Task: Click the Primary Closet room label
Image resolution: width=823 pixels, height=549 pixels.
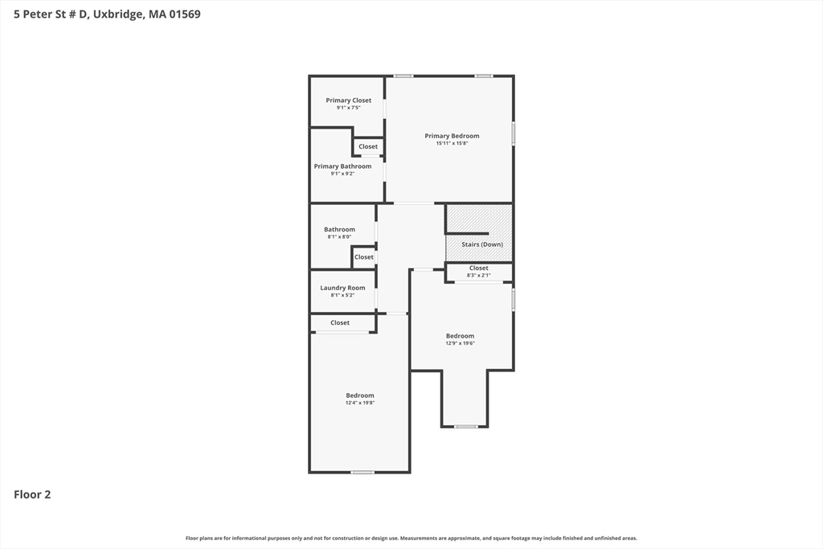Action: [x=349, y=100]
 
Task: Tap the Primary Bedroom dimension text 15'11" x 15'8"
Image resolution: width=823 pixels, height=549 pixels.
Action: [x=452, y=143]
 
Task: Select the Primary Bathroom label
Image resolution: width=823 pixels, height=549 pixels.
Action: [x=342, y=166]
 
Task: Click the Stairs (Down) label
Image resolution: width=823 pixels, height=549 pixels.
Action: [x=482, y=244]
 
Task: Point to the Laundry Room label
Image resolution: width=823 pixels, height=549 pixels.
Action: [x=342, y=288]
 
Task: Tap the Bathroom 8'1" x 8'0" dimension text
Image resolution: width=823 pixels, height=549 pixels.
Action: [x=340, y=236]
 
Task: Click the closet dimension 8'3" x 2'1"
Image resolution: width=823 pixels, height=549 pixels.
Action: [x=479, y=275]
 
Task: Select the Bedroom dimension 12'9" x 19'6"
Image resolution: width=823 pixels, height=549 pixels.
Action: [x=461, y=343]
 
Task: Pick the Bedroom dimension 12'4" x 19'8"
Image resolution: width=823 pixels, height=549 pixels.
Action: [x=360, y=403]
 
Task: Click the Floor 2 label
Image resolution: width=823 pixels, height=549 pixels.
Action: [x=32, y=494]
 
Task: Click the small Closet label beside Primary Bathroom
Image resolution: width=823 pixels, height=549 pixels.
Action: [x=368, y=146]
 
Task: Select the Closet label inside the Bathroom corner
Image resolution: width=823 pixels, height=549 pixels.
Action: [x=364, y=257]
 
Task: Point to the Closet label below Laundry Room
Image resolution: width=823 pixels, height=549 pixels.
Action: [x=340, y=323]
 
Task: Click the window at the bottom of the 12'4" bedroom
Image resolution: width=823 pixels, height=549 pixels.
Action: [x=362, y=473]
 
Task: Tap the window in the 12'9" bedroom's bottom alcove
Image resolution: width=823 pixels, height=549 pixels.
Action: [x=466, y=426]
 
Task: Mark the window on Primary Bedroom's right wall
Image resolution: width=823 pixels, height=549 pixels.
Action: [x=514, y=133]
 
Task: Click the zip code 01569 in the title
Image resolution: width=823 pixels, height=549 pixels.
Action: [x=185, y=14]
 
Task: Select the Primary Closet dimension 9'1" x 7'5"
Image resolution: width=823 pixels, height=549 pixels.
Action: [x=349, y=108]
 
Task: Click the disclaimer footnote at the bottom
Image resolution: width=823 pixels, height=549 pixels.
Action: [x=411, y=538]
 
